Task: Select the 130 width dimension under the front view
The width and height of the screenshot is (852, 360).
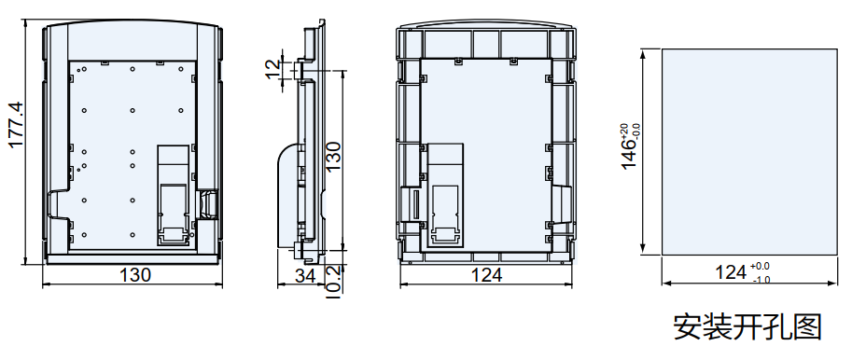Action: click(134, 275)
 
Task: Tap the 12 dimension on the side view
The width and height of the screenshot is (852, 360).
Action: click(274, 67)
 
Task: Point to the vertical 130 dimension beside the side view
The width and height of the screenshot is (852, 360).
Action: click(332, 157)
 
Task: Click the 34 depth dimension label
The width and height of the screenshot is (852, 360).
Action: click(305, 276)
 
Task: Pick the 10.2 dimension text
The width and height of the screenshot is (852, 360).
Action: click(332, 282)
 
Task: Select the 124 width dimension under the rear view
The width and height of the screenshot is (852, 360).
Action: click(486, 275)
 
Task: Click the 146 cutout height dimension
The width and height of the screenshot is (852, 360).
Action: click(629, 156)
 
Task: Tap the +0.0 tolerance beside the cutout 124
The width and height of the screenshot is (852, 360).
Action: click(760, 266)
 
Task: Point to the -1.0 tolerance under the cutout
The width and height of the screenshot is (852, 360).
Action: click(761, 280)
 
